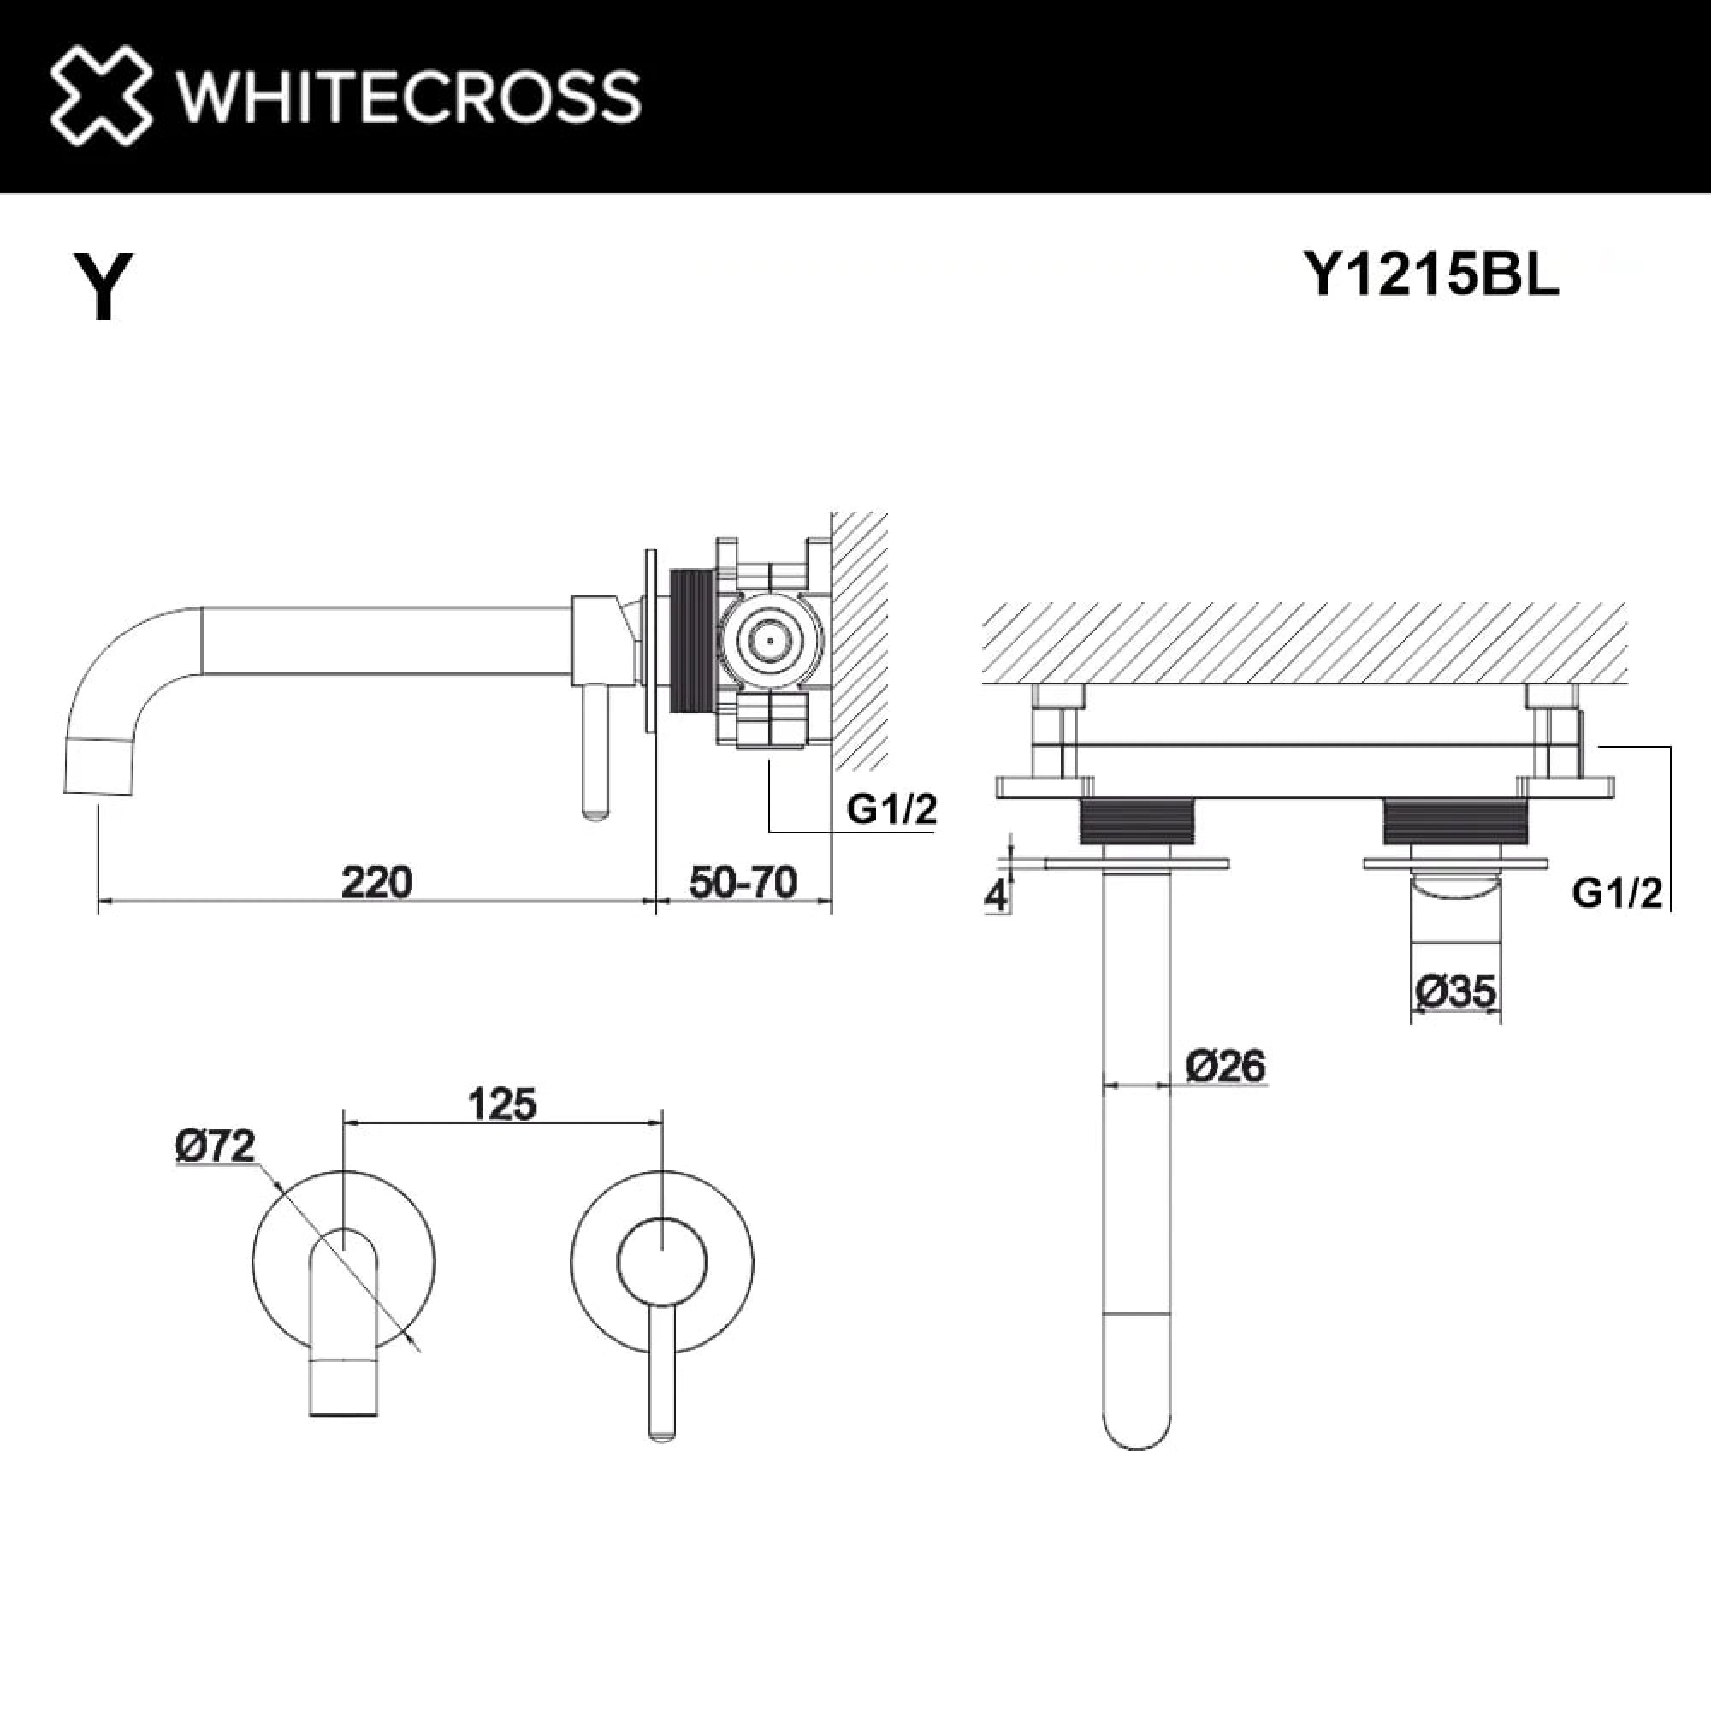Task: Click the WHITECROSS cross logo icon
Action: point(100,96)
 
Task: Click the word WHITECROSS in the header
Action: point(408,97)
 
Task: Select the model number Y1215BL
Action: point(1431,275)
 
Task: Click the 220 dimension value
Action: point(376,882)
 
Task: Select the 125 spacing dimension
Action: point(502,1104)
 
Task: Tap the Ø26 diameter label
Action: point(1226,1065)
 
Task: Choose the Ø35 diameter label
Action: point(1456,991)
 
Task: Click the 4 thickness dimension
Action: point(997,897)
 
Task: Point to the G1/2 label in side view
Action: point(891,808)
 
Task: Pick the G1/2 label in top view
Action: point(1617,894)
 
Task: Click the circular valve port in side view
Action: point(770,640)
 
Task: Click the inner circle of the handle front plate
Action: point(661,1262)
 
